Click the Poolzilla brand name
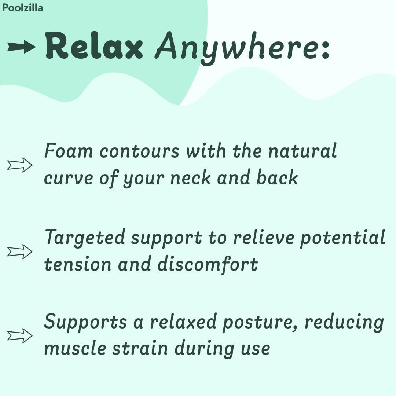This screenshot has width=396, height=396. (x=22, y=7)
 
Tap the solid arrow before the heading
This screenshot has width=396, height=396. (x=22, y=47)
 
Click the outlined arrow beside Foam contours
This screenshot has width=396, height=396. (x=20, y=165)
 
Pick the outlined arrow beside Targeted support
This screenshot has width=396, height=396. (x=20, y=252)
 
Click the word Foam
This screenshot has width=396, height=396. (x=68, y=151)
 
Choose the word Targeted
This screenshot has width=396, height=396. (x=85, y=238)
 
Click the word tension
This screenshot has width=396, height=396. (x=78, y=265)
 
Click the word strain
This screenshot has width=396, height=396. (x=141, y=348)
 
